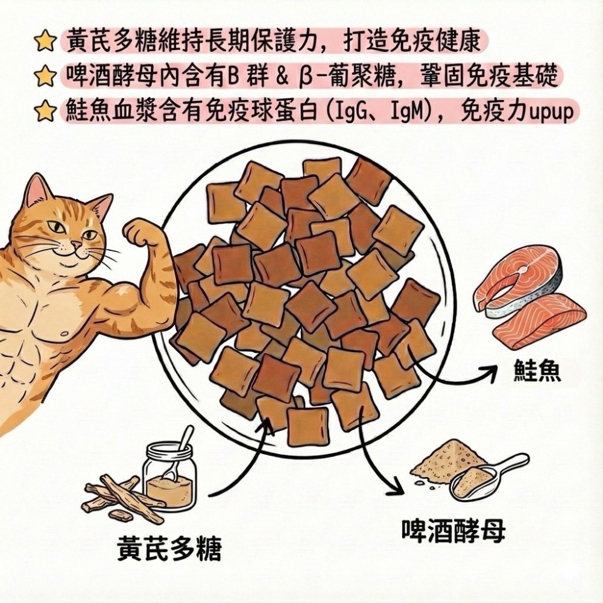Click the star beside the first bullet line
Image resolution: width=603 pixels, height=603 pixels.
[x=43, y=42]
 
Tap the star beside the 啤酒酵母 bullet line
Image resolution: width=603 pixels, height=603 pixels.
[x=43, y=77]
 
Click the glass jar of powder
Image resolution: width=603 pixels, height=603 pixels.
[x=169, y=476]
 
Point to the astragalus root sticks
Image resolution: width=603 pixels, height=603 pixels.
[x=118, y=497]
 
